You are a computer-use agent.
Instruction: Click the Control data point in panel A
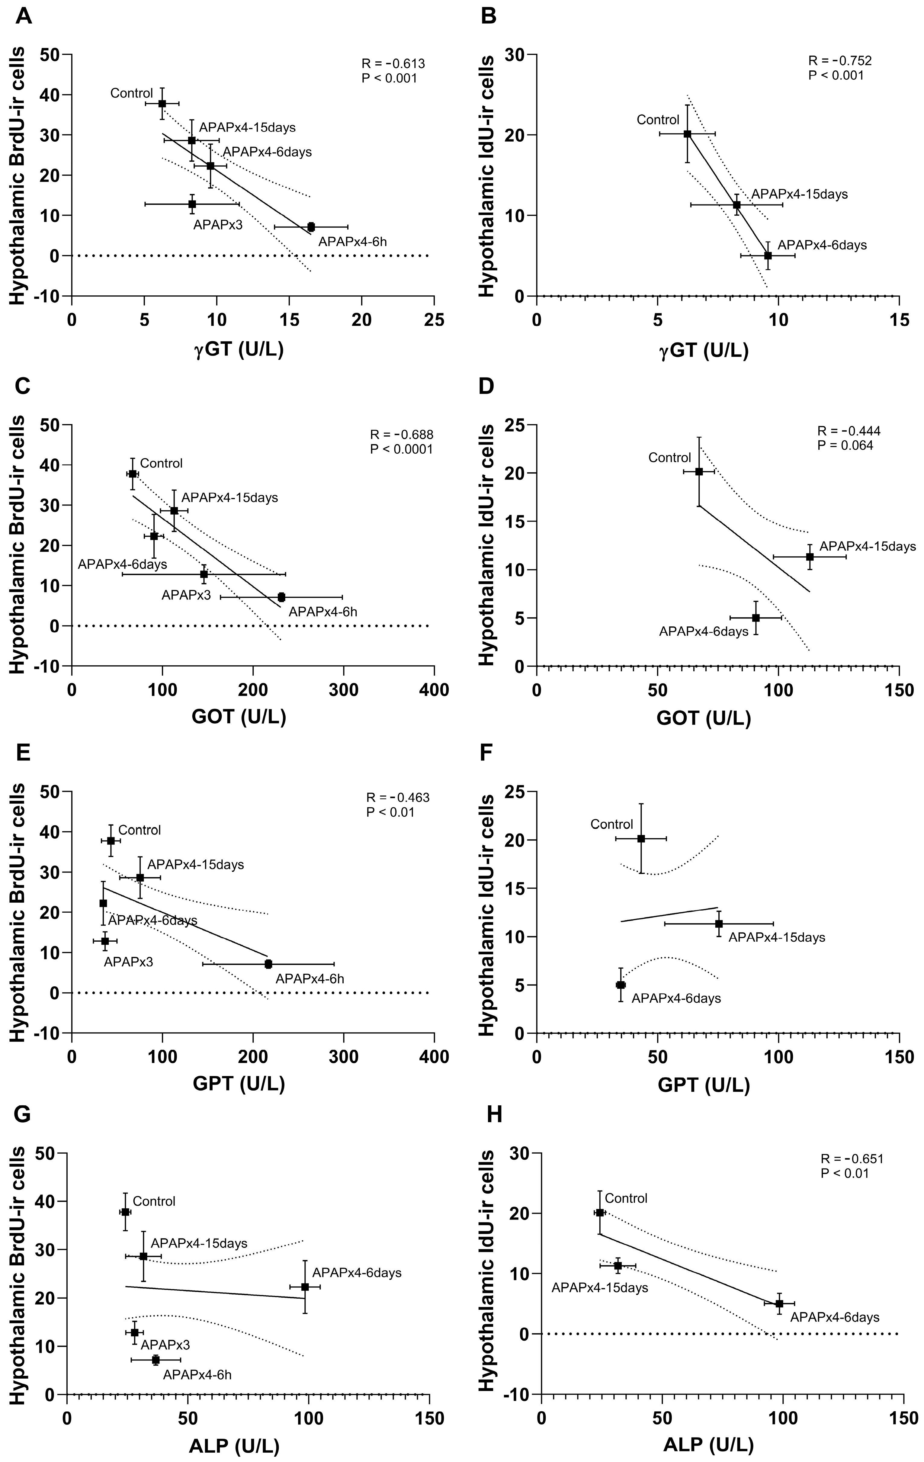pos(162,103)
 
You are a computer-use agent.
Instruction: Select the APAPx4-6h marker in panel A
pos(311,227)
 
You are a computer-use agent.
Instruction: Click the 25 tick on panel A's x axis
pos(434,319)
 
